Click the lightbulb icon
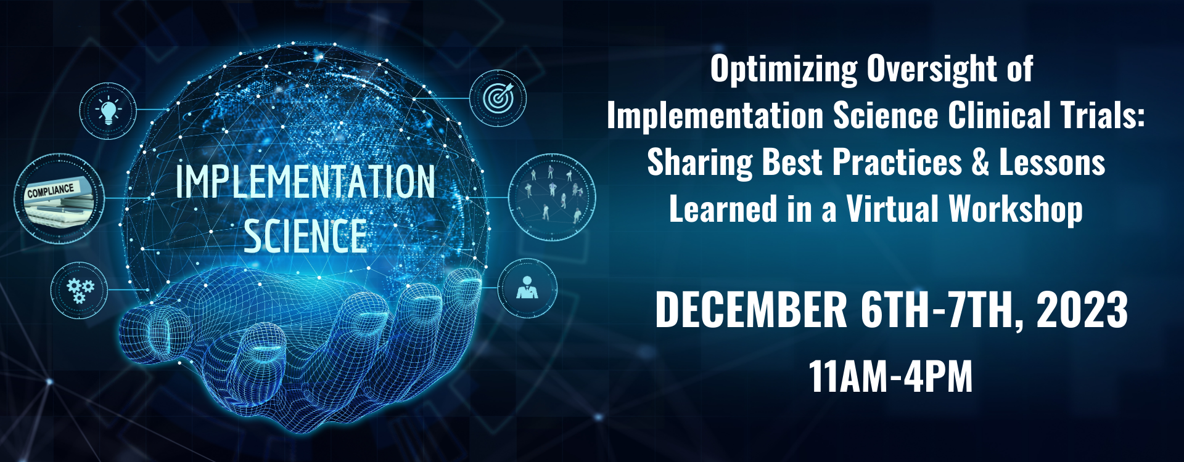pyautogui.click(x=109, y=111)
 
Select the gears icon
pyautogui.click(x=80, y=290)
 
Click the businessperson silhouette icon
pyautogui.click(x=527, y=288)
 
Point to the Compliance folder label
pyautogui.click(x=51, y=191)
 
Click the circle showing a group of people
pyautogui.click(x=552, y=197)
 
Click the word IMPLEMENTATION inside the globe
pyautogui.click(x=305, y=182)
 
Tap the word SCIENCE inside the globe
pyautogui.click(x=305, y=237)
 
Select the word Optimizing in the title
pyautogui.click(x=783, y=69)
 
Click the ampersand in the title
pyautogui.click(x=980, y=163)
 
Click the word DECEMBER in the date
pyautogui.click(x=751, y=309)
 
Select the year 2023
pyautogui.click(x=1082, y=309)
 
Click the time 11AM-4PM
pyautogui.click(x=890, y=376)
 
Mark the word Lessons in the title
pyautogui.click(x=1051, y=163)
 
